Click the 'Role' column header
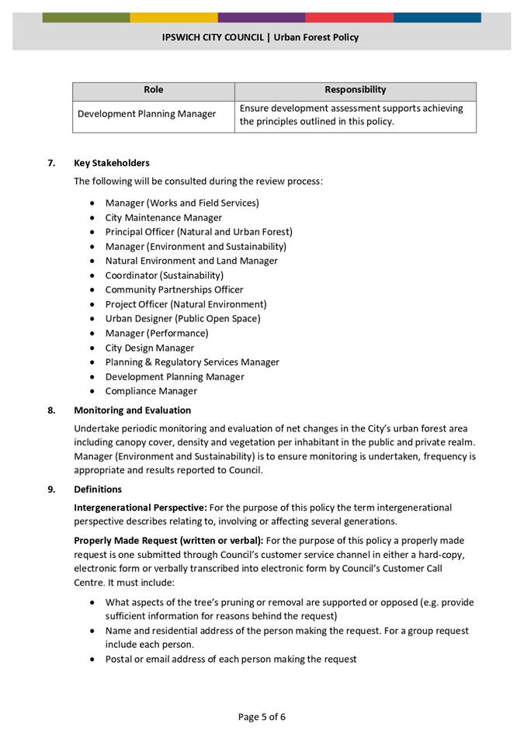154,90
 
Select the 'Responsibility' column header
355,90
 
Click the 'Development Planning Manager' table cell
147,114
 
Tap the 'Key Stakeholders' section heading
112,163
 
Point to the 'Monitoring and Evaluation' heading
132,410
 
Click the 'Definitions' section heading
98,490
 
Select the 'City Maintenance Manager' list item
164,218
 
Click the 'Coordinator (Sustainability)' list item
165,275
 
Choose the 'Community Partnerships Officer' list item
174,289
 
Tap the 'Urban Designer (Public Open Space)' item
182,318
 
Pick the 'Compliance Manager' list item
151,391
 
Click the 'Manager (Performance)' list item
157,333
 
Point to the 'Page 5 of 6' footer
262,716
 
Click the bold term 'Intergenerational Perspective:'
140,507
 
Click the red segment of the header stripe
349,17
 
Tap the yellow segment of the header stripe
174,17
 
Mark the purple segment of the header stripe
262,17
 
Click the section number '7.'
52,163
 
